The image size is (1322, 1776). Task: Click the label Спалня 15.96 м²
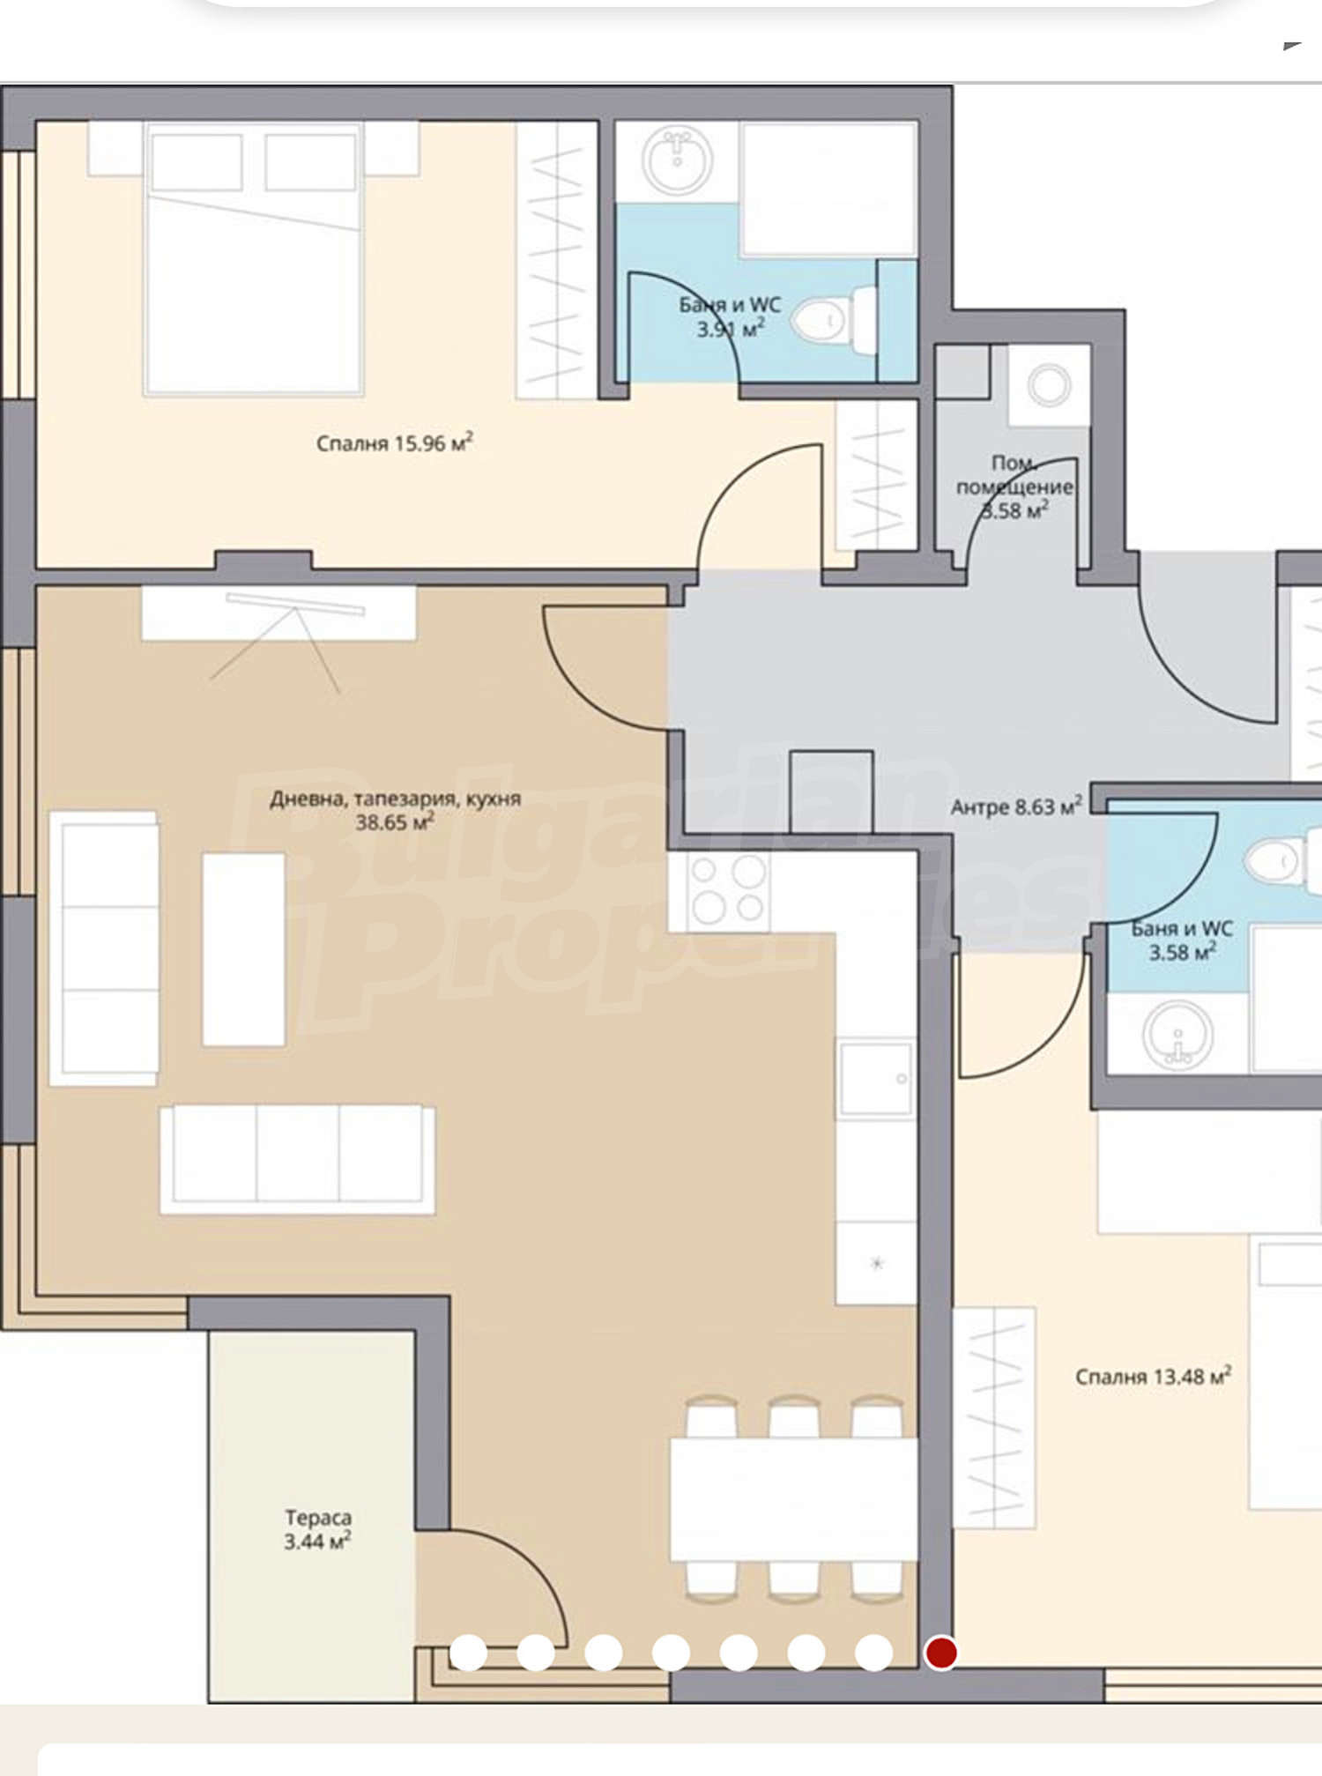pos(394,442)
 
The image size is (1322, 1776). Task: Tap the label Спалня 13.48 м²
pos(1153,1376)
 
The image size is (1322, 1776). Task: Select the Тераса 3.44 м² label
pos(317,1529)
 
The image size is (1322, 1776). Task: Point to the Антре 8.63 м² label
pos(1016,806)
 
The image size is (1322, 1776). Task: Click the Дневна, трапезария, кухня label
pos(395,799)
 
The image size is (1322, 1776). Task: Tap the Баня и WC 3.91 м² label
pos(730,316)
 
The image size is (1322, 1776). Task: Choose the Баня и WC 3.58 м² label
pos(1182,940)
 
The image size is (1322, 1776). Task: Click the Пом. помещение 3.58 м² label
pos(1014,487)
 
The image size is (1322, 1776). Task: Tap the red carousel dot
pos(940,1652)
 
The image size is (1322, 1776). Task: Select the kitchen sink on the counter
pos(876,1078)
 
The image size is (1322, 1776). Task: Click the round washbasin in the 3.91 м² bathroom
pos(678,159)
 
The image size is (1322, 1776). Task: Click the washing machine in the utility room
pos(1050,384)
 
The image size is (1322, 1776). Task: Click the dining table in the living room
pos(793,1499)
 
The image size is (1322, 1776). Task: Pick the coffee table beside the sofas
pos(243,949)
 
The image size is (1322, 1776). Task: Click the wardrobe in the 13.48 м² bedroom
pos(994,1417)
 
